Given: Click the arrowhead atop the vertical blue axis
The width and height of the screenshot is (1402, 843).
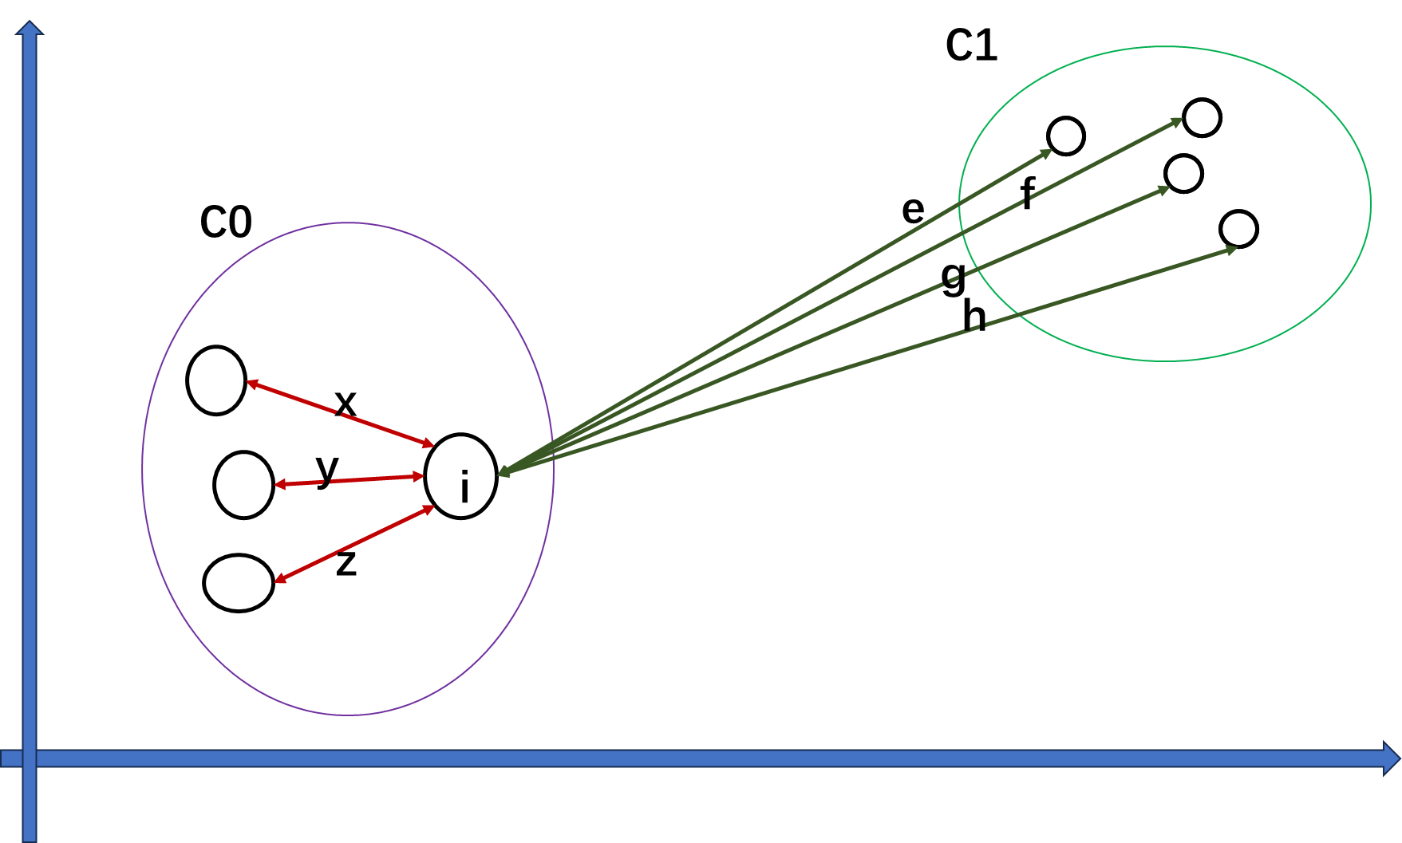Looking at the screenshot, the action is coord(30,28).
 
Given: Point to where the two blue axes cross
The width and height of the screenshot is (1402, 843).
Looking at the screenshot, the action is coord(30,758).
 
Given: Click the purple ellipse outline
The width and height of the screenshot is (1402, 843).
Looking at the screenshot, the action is coord(143,468).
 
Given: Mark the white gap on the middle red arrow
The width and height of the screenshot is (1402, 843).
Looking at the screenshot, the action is coord(328,482).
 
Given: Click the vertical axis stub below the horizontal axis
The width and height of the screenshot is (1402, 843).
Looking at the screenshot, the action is coord(30,806).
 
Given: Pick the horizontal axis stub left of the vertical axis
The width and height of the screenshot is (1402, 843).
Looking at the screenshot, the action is coord(10,758).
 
